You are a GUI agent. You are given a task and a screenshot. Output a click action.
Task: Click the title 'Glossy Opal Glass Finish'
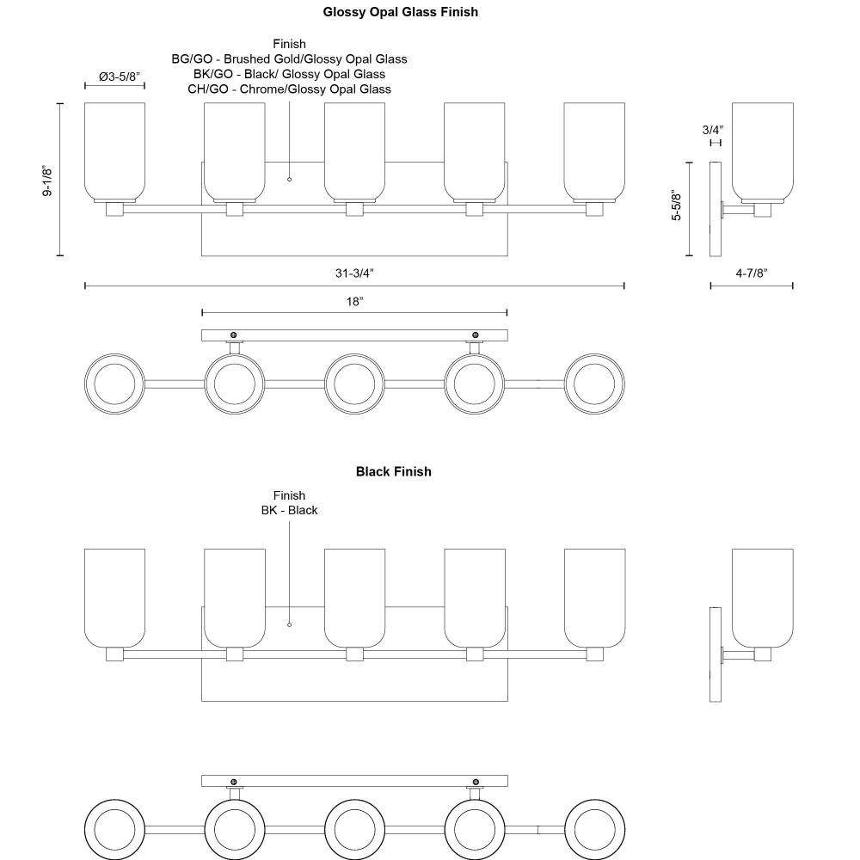pos(400,12)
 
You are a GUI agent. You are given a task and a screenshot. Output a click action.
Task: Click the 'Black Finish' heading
pos(393,471)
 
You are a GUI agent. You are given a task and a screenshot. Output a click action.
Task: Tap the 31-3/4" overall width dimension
pos(354,273)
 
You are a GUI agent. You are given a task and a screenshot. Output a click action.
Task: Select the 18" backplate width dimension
pos(354,302)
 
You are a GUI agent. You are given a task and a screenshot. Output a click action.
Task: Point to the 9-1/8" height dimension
pos(49,181)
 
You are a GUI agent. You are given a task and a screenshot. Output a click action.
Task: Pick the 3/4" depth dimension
pos(712,130)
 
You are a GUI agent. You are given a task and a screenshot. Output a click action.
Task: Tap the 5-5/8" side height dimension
pos(677,206)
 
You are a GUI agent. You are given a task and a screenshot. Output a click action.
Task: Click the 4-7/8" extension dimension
pos(751,273)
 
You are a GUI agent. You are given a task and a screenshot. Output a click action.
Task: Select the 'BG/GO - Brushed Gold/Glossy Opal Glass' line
pos(289,59)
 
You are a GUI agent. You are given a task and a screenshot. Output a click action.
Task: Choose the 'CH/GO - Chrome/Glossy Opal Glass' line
pos(289,89)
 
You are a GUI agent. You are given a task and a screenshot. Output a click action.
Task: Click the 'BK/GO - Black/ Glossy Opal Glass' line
pos(289,74)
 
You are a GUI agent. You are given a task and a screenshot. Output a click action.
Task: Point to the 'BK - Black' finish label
pos(289,510)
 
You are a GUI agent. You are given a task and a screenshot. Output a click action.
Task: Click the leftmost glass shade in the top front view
pos(114,150)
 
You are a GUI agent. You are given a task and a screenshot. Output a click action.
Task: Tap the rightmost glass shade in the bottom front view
pos(594,597)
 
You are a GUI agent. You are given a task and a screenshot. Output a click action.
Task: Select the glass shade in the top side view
pos(762,150)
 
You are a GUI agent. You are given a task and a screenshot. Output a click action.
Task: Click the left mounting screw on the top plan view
pos(233,335)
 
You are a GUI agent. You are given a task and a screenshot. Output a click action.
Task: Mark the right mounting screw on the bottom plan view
pos(476,782)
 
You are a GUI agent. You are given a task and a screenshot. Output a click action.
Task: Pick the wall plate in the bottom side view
pos(715,654)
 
